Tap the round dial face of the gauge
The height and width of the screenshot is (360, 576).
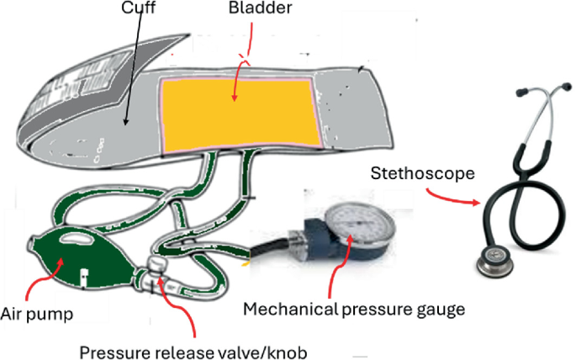[358, 220]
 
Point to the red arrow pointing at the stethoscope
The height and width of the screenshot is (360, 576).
[457, 199]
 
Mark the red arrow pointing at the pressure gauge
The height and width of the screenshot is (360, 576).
[342, 266]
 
